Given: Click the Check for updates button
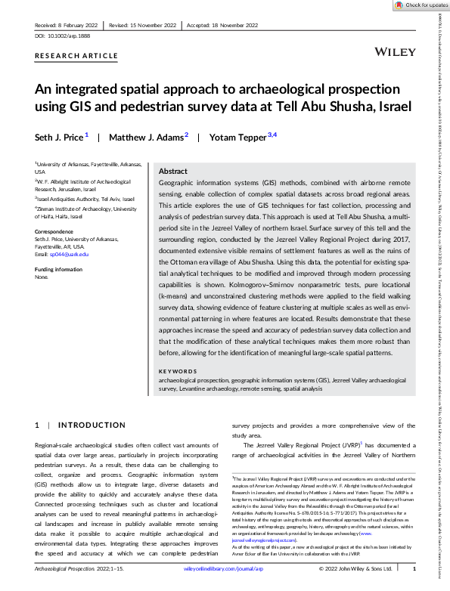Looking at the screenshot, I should [421, 5].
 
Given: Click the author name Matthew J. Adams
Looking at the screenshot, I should [144, 138].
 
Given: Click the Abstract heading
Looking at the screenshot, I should [173, 172].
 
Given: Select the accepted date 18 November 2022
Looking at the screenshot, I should [235, 24].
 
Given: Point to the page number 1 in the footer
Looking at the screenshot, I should [413, 568].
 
